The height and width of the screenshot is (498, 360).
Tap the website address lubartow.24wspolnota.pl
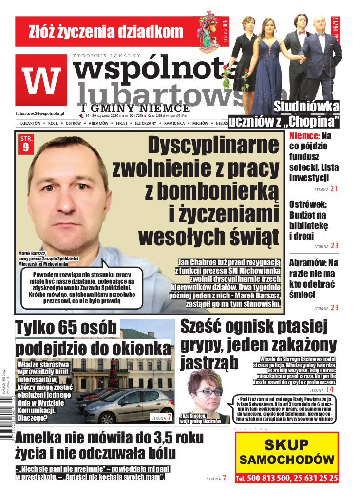click(x=40, y=112)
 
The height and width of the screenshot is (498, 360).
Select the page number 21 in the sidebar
click(x=334, y=189)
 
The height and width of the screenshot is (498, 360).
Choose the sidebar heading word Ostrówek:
click(x=309, y=204)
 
